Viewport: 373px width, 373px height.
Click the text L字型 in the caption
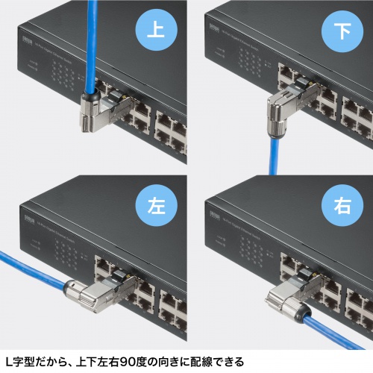(x=22, y=361)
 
